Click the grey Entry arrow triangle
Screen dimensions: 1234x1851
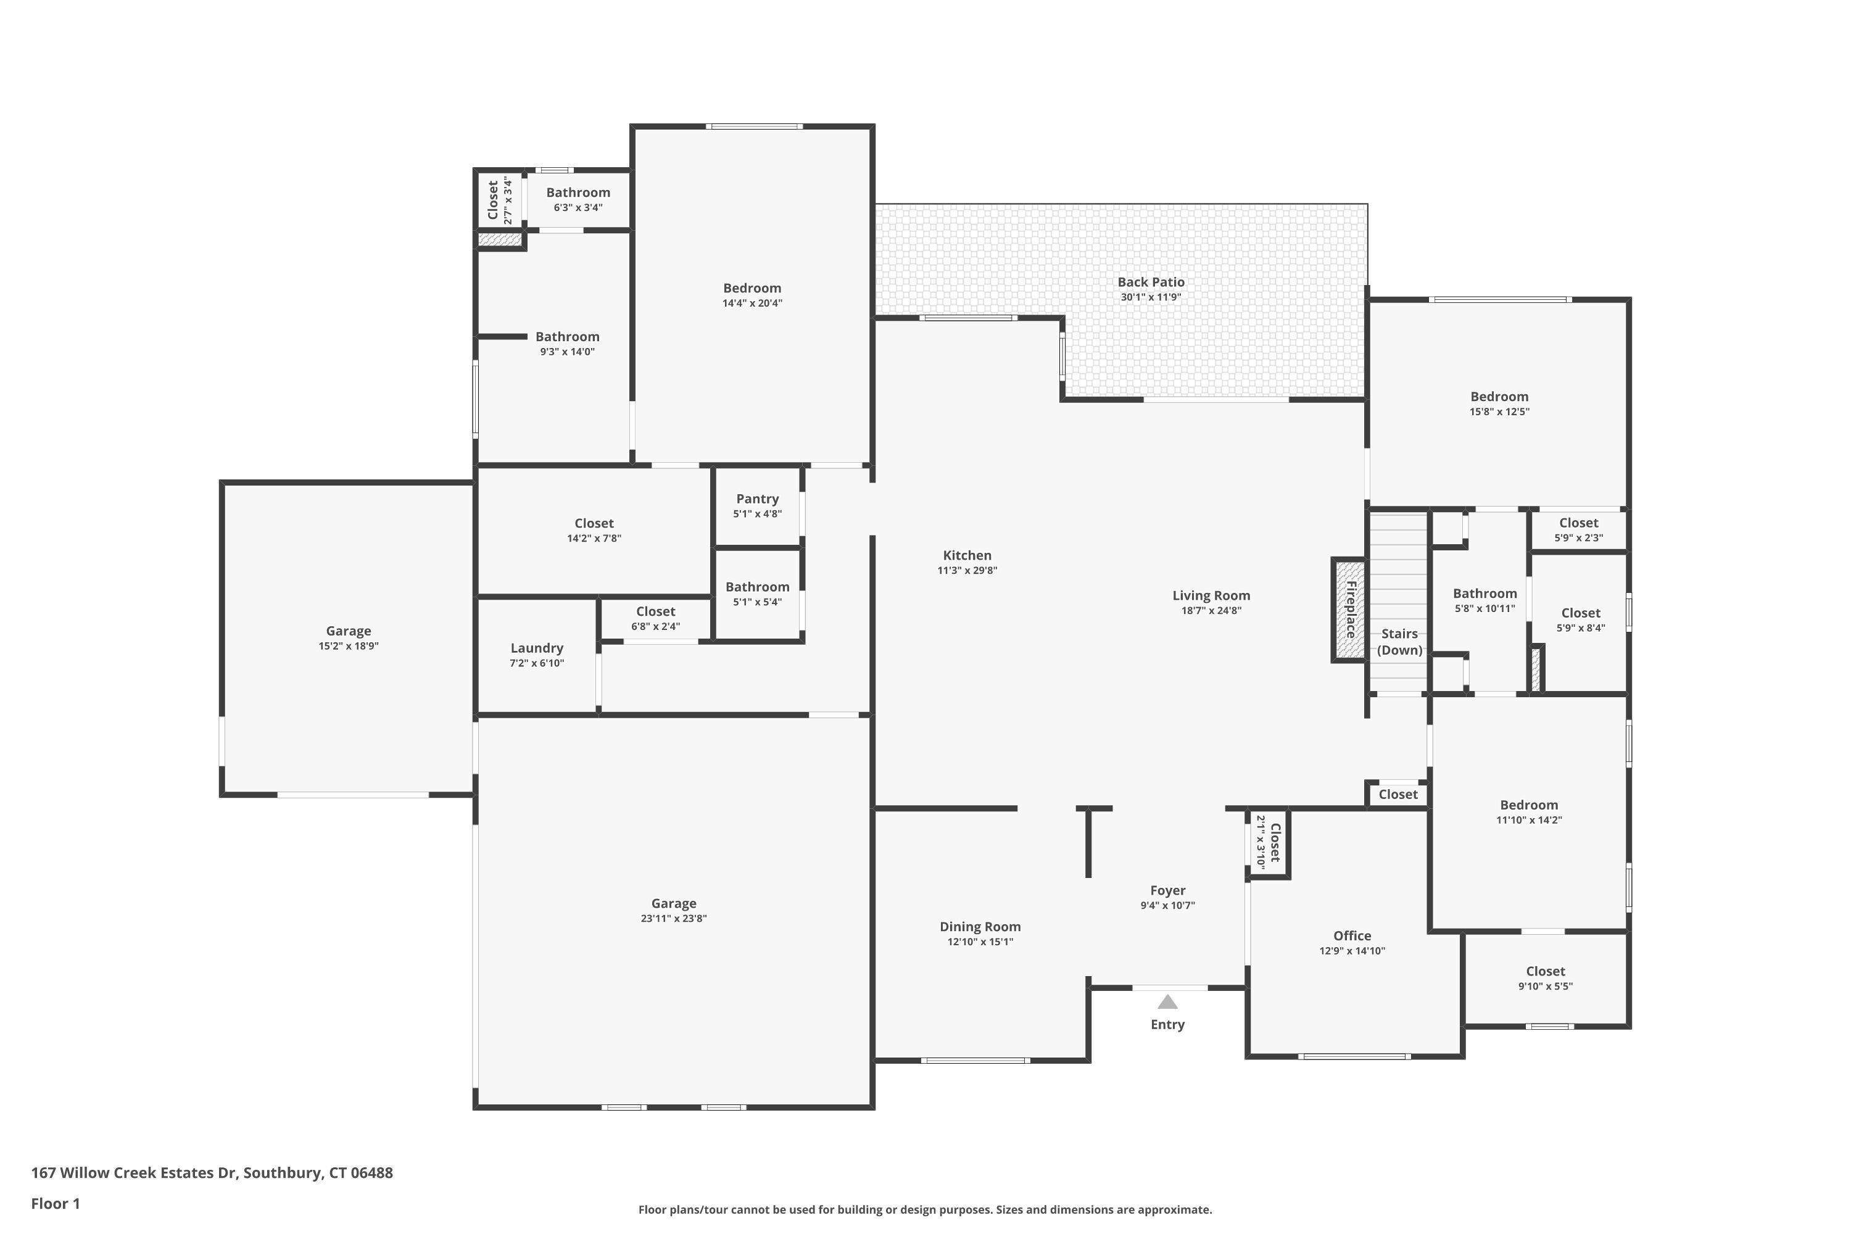[1167, 1002]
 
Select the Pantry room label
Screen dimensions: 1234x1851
[757, 499]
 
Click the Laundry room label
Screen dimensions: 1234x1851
[537, 648]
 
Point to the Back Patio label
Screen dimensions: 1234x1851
[1151, 282]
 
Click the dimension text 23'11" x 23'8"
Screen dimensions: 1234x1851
[674, 919]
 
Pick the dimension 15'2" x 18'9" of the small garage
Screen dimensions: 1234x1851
[349, 646]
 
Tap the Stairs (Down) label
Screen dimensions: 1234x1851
[1399, 642]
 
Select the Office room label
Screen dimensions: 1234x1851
[1352, 936]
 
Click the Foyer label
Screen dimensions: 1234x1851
[1167, 890]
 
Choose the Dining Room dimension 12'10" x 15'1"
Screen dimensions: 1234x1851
[980, 942]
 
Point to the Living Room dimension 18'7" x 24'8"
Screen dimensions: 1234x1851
[1211, 611]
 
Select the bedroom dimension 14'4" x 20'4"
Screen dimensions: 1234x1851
[752, 304]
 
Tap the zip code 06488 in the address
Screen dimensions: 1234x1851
[371, 1173]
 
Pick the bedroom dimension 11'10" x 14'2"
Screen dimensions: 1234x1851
[1528, 820]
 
